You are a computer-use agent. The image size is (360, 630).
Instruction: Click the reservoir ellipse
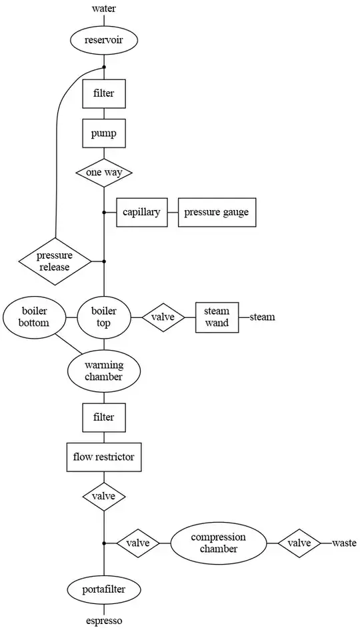point(103,41)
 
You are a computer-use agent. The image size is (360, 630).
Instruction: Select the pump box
point(103,133)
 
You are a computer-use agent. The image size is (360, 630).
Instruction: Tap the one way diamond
point(103,173)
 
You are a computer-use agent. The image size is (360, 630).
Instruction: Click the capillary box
point(141,213)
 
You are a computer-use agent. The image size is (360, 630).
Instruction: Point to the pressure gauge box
point(216,213)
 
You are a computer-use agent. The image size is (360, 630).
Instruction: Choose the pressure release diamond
point(55,261)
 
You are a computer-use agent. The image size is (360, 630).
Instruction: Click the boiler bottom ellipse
point(33,317)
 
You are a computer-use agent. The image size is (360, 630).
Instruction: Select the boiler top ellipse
point(103,317)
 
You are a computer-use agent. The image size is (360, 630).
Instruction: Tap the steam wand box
point(217,317)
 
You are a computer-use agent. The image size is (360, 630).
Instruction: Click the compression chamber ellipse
point(218,543)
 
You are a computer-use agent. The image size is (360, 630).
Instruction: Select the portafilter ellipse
point(103,590)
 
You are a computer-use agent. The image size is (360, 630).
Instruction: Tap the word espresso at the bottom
point(103,621)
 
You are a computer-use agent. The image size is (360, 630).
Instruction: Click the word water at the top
point(103,9)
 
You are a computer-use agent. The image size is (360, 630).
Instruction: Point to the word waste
point(345,543)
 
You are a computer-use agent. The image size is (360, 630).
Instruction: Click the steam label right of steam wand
point(262,317)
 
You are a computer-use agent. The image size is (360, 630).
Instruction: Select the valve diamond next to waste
point(299,543)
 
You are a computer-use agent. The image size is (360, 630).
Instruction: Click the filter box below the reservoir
point(103,93)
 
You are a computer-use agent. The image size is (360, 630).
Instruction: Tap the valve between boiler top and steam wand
point(163,317)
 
